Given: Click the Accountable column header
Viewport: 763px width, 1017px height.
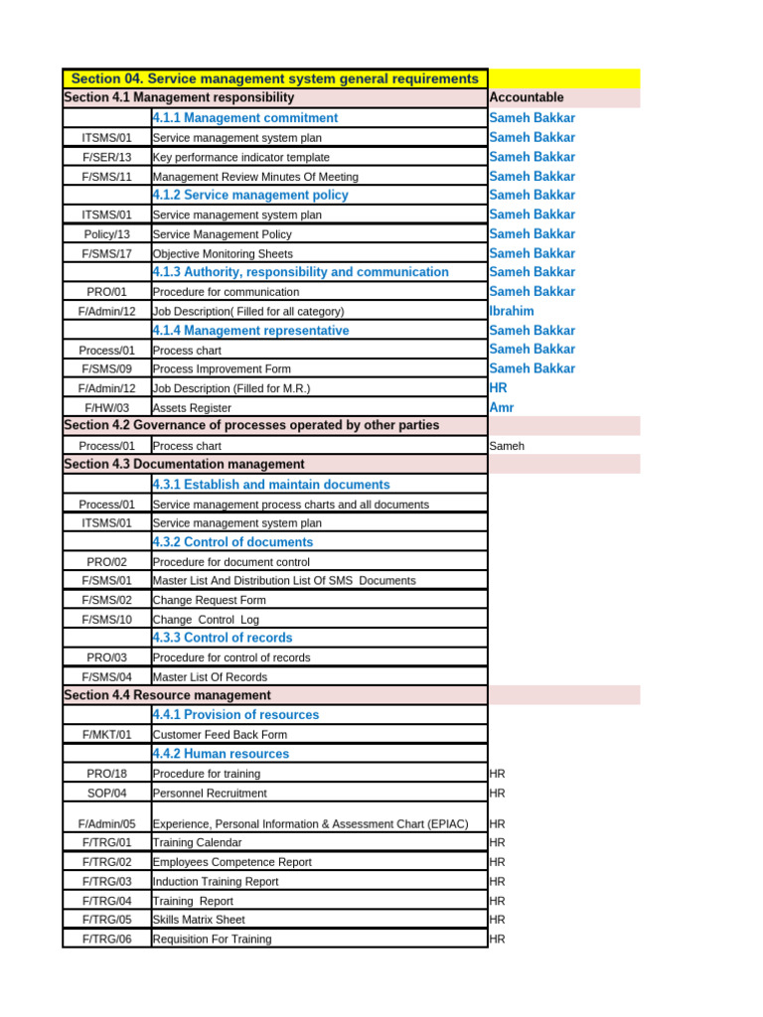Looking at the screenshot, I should (527, 97).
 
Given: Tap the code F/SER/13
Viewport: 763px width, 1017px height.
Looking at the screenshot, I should (106, 157).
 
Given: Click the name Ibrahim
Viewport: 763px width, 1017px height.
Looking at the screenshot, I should (512, 311).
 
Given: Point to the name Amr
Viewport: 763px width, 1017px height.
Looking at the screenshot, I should (502, 407).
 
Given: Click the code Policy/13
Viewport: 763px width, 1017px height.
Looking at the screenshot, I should (106, 234).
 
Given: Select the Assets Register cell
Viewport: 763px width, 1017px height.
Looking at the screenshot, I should (192, 408).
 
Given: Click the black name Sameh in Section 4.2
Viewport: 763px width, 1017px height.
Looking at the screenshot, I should (507, 446).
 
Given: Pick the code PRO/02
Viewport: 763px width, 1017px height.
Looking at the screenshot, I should (106, 562).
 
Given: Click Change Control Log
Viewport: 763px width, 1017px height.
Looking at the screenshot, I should (206, 620).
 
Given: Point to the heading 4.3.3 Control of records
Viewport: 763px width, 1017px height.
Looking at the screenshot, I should (223, 638).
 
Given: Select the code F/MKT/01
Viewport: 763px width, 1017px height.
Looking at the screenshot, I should (106, 735).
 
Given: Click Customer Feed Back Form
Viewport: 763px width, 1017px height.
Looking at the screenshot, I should (220, 735).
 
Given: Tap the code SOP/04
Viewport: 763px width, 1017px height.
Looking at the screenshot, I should (106, 794).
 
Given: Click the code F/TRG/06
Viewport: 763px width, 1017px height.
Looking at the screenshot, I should (106, 939).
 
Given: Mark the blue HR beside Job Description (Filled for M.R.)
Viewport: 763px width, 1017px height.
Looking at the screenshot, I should (499, 388).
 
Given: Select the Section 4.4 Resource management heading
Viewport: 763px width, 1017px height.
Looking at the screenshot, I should (167, 695).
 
